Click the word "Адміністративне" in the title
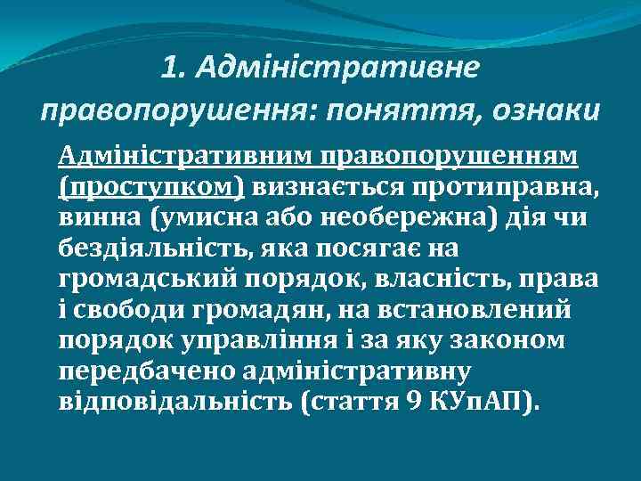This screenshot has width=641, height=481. tap(337, 66)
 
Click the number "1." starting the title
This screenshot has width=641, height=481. tap(176, 66)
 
